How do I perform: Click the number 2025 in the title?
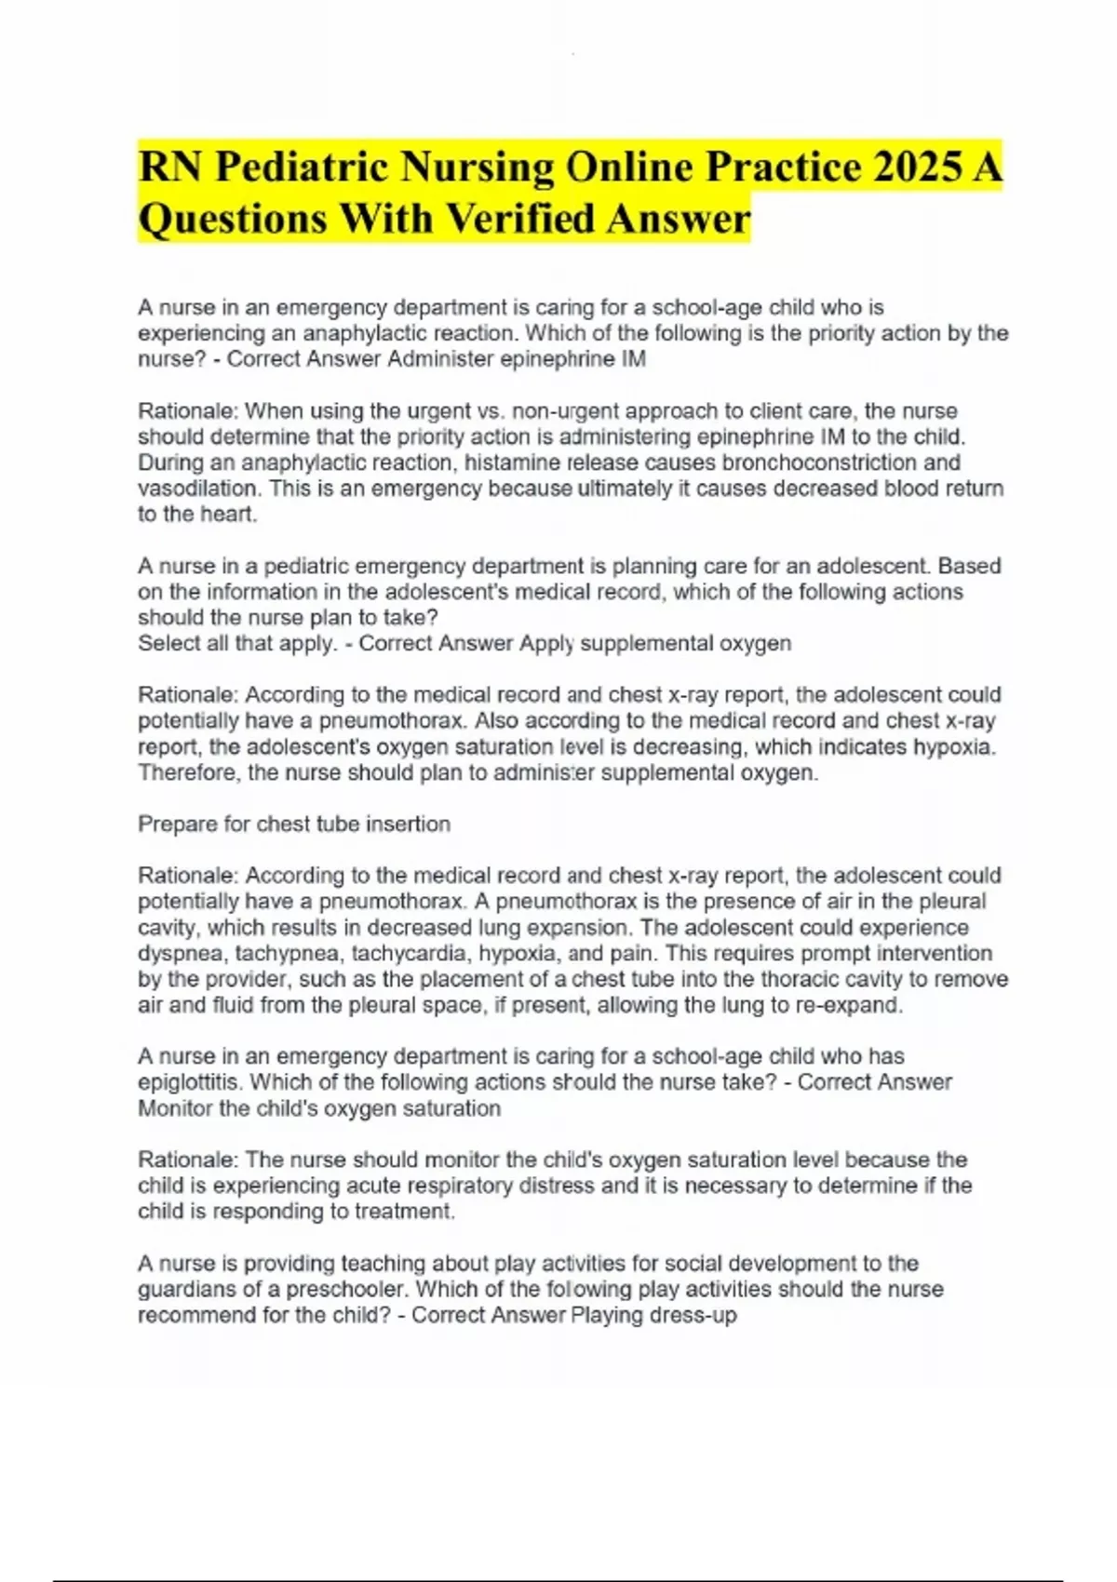917,168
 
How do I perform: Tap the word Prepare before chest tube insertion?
178,825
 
